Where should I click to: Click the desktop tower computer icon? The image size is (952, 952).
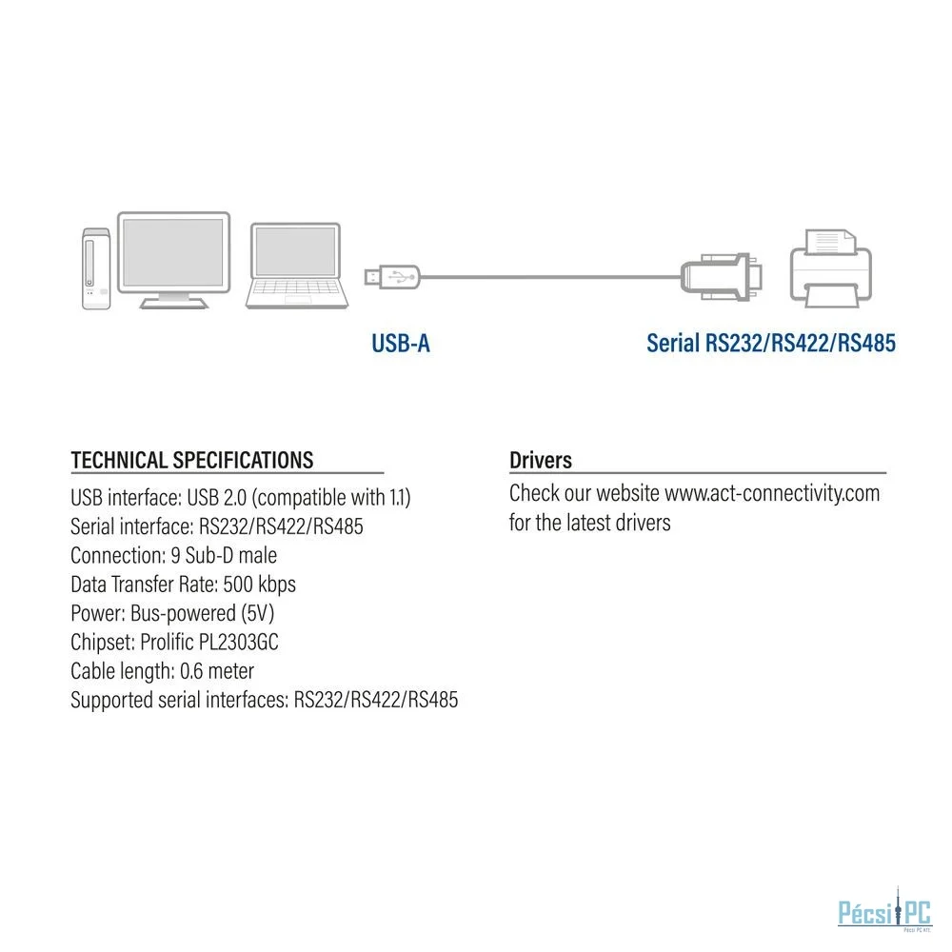(x=96, y=269)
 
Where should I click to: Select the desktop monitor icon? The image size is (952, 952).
(x=173, y=260)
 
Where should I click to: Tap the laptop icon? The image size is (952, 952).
(x=297, y=266)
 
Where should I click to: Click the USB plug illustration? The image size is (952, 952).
(x=391, y=277)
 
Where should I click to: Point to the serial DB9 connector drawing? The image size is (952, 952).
(x=722, y=277)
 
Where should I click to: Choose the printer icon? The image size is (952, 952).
(x=830, y=268)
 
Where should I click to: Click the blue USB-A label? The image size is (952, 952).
(x=401, y=344)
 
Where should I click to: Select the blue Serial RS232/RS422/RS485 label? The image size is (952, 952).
(x=770, y=343)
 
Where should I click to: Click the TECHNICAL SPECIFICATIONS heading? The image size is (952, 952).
(x=192, y=460)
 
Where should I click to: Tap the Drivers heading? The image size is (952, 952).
(x=541, y=460)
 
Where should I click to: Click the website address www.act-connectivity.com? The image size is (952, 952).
(x=772, y=493)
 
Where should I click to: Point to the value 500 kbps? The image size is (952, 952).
(x=259, y=585)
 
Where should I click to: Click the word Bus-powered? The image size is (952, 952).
(x=183, y=613)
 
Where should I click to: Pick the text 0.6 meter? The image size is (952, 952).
(x=217, y=671)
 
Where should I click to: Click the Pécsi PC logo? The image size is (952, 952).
(x=884, y=911)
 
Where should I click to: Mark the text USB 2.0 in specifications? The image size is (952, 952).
(x=217, y=497)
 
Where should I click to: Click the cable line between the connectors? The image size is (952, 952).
(x=550, y=277)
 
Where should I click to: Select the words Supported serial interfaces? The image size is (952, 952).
(x=179, y=700)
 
